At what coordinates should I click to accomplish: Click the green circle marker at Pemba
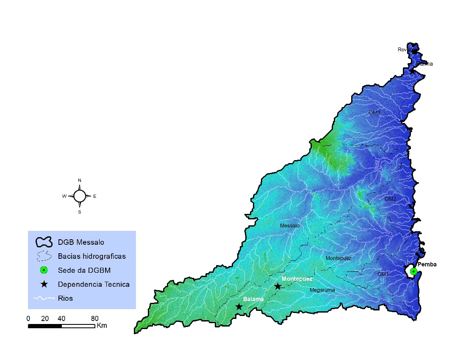click(x=413, y=271)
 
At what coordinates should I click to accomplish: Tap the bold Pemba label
click(x=427, y=264)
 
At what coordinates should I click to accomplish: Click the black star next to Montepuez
click(x=277, y=287)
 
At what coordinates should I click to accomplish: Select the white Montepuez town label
click(x=297, y=279)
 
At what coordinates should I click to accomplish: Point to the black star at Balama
click(x=239, y=307)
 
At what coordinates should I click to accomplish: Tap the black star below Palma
click(x=412, y=71)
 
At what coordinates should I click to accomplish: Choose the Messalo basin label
click(x=290, y=226)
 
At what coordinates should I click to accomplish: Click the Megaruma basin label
click(x=322, y=290)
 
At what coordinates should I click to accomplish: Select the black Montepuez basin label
click(x=338, y=258)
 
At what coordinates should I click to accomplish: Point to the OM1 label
click(x=383, y=274)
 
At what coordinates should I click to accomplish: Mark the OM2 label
click(x=390, y=199)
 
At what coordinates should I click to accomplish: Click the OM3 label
click(x=374, y=113)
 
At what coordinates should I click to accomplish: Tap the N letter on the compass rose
click(x=80, y=180)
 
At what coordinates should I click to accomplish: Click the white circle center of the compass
click(x=80, y=196)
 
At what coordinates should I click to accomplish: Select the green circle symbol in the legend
click(x=43, y=270)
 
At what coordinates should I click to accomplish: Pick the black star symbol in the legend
click(x=43, y=284)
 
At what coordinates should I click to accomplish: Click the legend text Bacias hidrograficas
click(x=92, y=256)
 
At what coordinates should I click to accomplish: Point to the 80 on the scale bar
click(x=94, y=318)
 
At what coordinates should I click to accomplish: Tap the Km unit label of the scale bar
click(x=102, y=326)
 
